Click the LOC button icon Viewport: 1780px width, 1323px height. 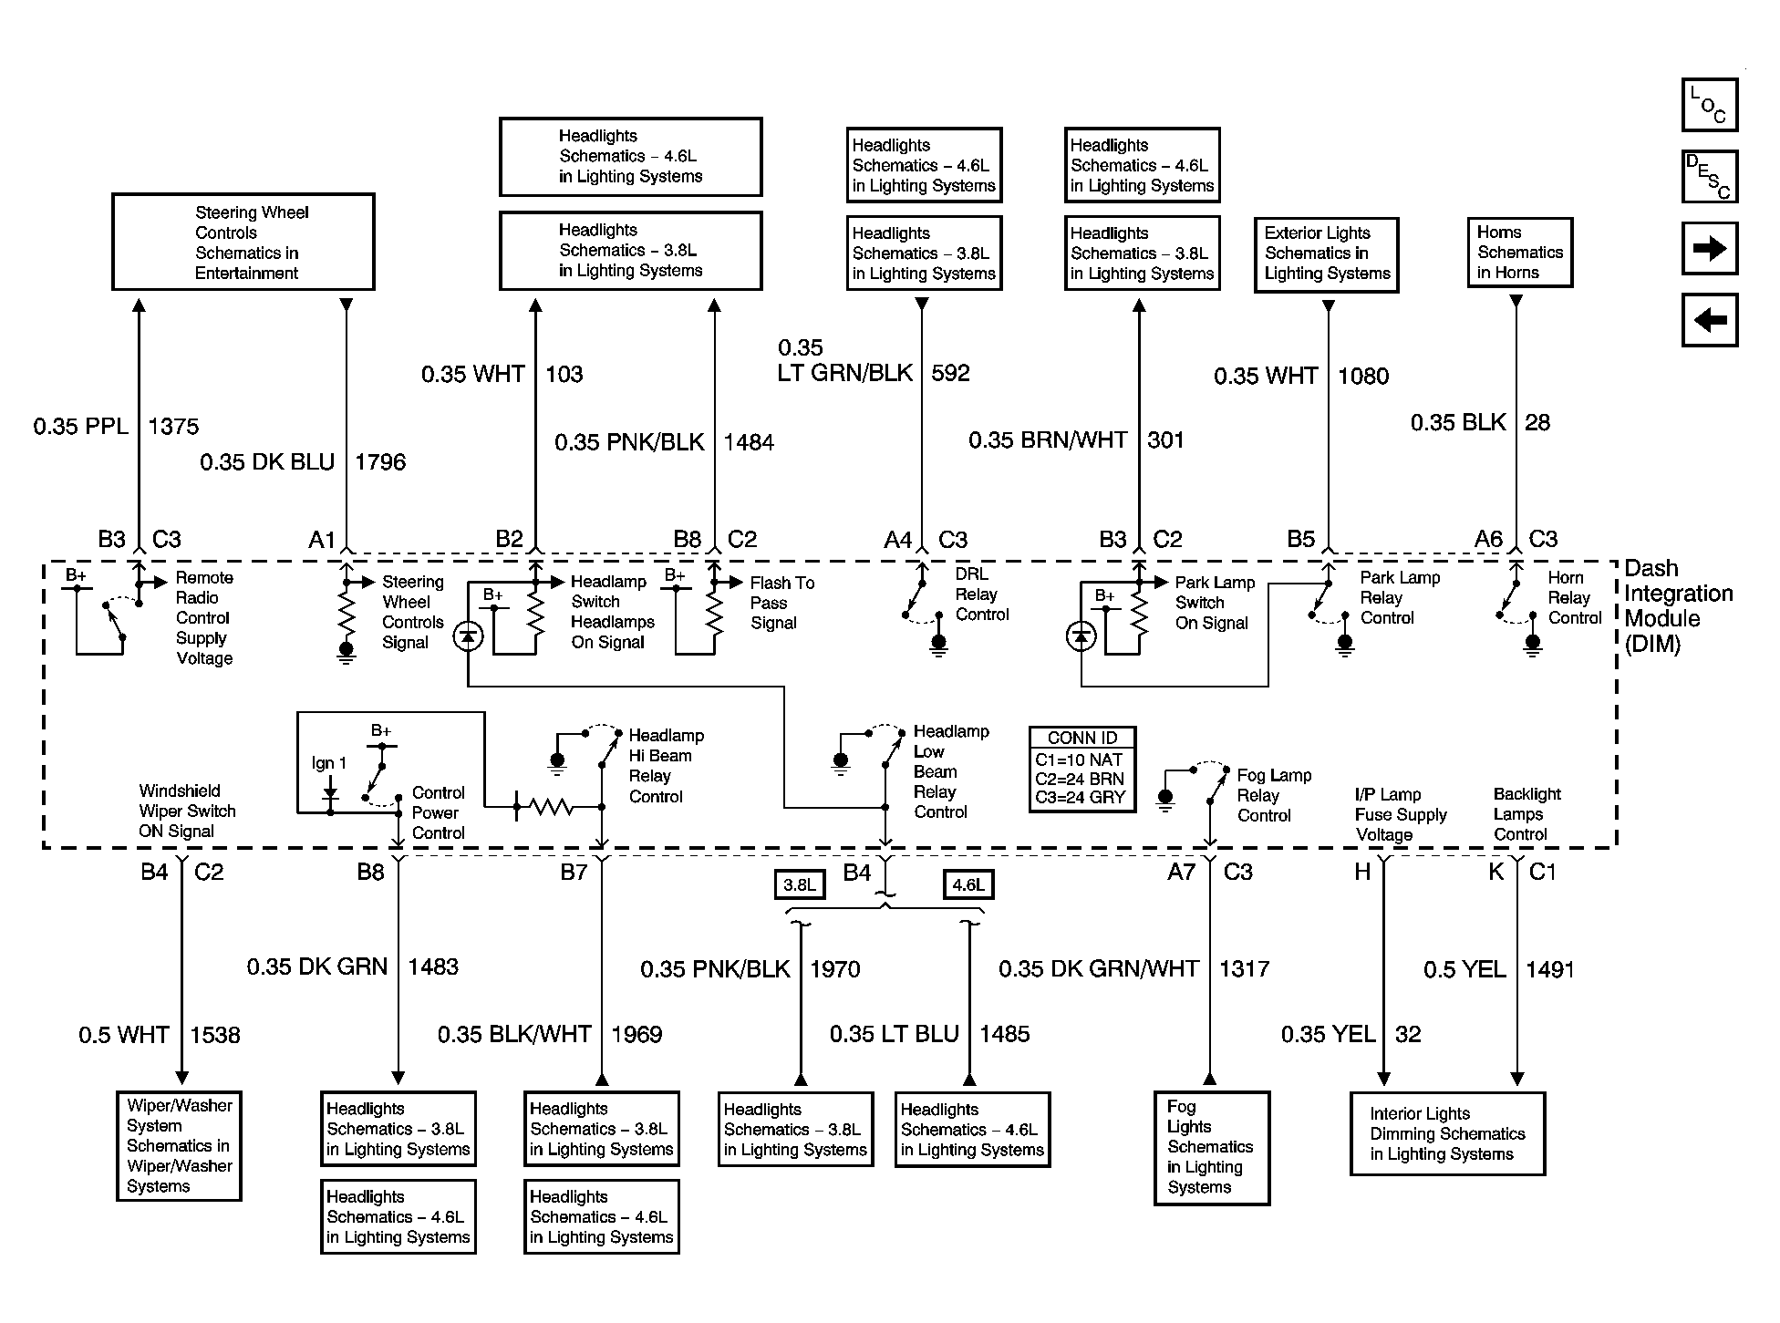(1710, 105)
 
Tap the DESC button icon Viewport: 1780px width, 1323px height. (1710, 176)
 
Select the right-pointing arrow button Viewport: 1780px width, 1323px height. (1710, 248)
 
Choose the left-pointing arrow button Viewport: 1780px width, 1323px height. (1710, 320)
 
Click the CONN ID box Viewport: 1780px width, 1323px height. (1082, 769)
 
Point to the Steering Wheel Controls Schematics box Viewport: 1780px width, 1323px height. (243, 242)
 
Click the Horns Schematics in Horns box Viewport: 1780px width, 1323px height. (1520, 253)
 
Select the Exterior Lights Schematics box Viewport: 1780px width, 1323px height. (1327, 254)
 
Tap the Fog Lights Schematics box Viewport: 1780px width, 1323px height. (1212, 1148)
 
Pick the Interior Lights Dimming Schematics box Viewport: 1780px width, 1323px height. (1447, 1133)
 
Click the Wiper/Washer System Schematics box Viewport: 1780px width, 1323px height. (179, 1146)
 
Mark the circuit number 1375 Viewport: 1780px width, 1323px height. (173, 426)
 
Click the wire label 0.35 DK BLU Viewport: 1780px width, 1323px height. (267, 462)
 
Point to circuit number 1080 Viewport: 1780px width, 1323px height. (1363, 376)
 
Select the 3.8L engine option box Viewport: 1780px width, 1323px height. (800, 884)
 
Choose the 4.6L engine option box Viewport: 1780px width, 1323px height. (968, 884)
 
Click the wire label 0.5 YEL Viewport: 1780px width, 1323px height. (1464, 970)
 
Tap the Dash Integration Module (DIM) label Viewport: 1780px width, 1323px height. (1678, 605)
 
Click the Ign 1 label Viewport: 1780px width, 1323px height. (329, 763)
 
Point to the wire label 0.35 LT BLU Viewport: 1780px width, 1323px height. (895, 1034)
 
